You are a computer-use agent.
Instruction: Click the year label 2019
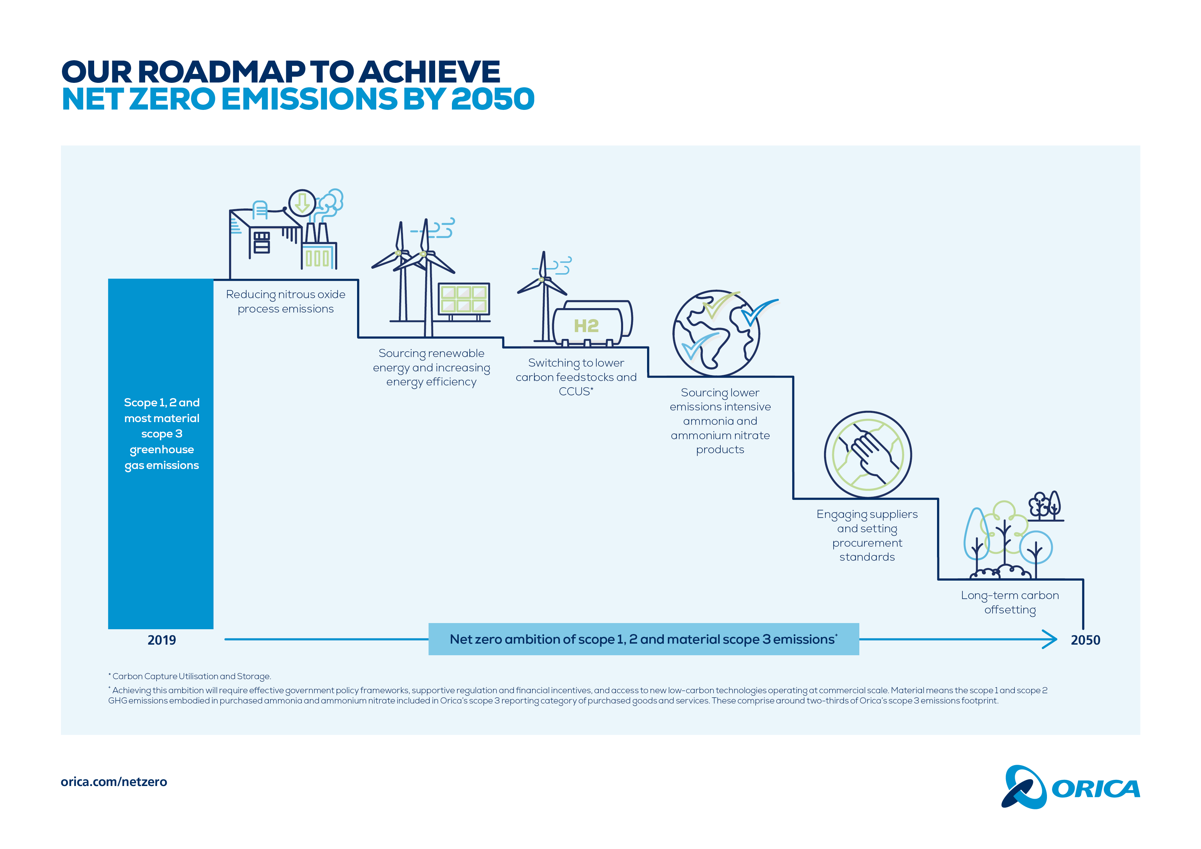point(162,640)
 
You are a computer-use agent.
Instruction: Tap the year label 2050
point(1085,640)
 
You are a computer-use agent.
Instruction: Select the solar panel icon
point(464,299)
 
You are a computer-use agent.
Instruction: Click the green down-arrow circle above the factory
point(302,203)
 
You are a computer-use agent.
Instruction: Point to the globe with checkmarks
point(716,333)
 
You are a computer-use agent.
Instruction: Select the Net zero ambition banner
point(643,639)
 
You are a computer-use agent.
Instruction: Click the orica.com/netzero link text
point(114,782)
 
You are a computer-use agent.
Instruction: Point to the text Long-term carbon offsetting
point(1010,602)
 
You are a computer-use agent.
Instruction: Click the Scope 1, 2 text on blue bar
point(161,402)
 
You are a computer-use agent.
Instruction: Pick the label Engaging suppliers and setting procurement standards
point(867,535)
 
